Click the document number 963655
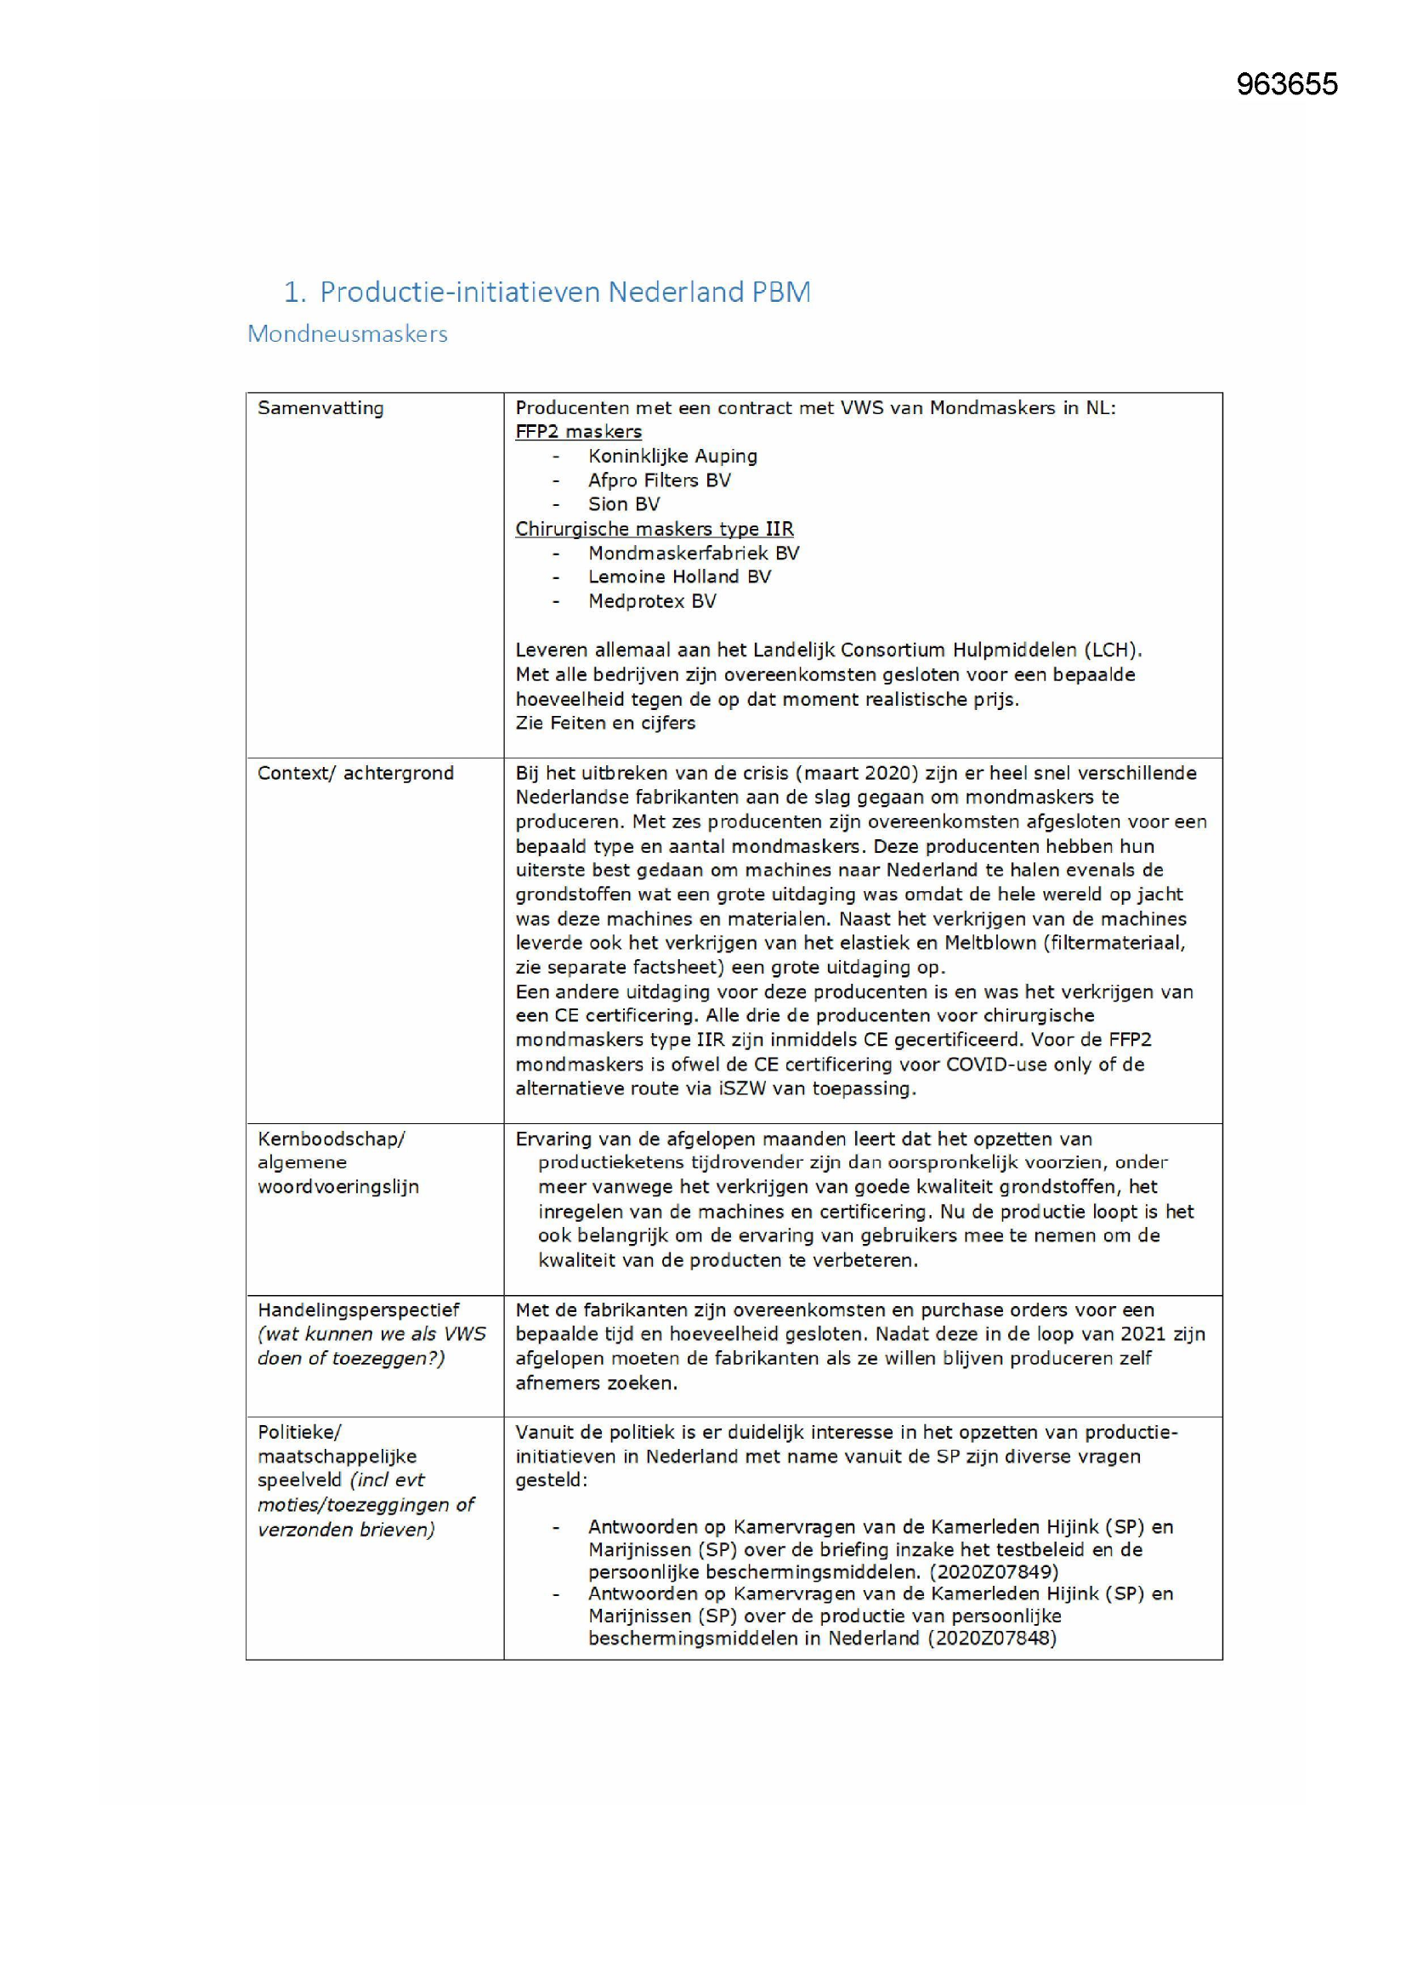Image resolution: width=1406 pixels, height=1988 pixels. [x=1286, y=84]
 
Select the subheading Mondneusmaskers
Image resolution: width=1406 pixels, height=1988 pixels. [x=347, y=334]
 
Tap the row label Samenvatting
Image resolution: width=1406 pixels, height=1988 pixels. [x=320, y=408]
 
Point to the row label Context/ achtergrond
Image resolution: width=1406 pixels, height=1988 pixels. [x=355, y=773]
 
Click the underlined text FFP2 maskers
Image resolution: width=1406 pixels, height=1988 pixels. [x=578, y=432]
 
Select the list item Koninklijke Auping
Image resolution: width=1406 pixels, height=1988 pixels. [x=672, y=457]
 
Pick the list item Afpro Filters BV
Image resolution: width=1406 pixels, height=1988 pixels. [x=659, y=480]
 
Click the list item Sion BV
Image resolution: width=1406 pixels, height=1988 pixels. [x=623, y=505]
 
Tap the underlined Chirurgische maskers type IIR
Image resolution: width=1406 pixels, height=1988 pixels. [x=654, y=529]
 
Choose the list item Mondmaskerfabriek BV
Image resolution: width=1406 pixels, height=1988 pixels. [x=694, y=554]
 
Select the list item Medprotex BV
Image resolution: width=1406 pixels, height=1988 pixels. [x=652, y=602]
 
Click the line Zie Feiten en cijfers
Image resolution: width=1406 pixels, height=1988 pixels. [x=605, y=723]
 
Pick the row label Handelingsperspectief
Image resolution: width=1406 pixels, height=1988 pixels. [x=359, y=1310]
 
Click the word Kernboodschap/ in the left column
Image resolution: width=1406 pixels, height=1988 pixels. [x=331, y=1139]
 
